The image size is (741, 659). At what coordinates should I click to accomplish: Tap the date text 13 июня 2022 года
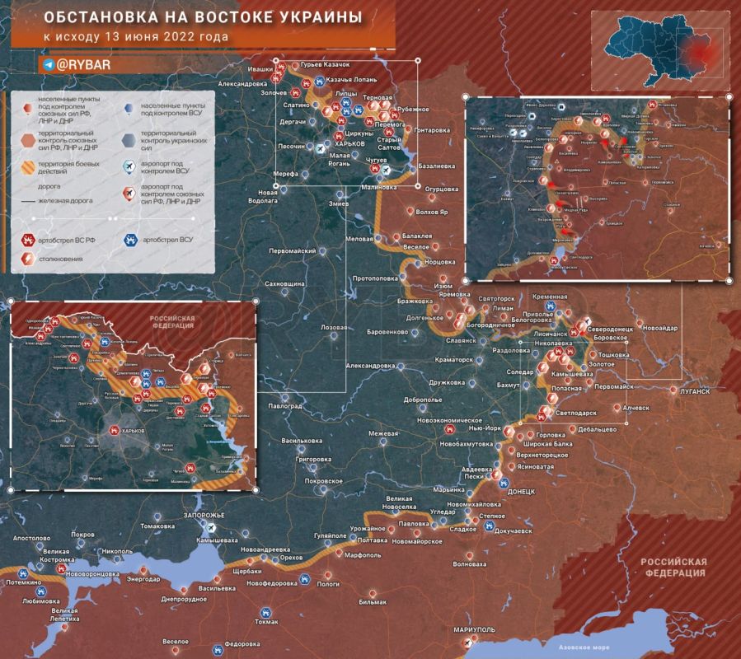[x=161, y=37]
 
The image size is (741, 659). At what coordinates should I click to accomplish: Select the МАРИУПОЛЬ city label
[x=473, y=630]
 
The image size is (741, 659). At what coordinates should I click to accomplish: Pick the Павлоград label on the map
[x=282, y=407]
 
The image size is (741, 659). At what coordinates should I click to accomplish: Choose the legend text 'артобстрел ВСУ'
[x=169, y=241]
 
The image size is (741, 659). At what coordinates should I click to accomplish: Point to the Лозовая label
[x=334, y=328]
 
